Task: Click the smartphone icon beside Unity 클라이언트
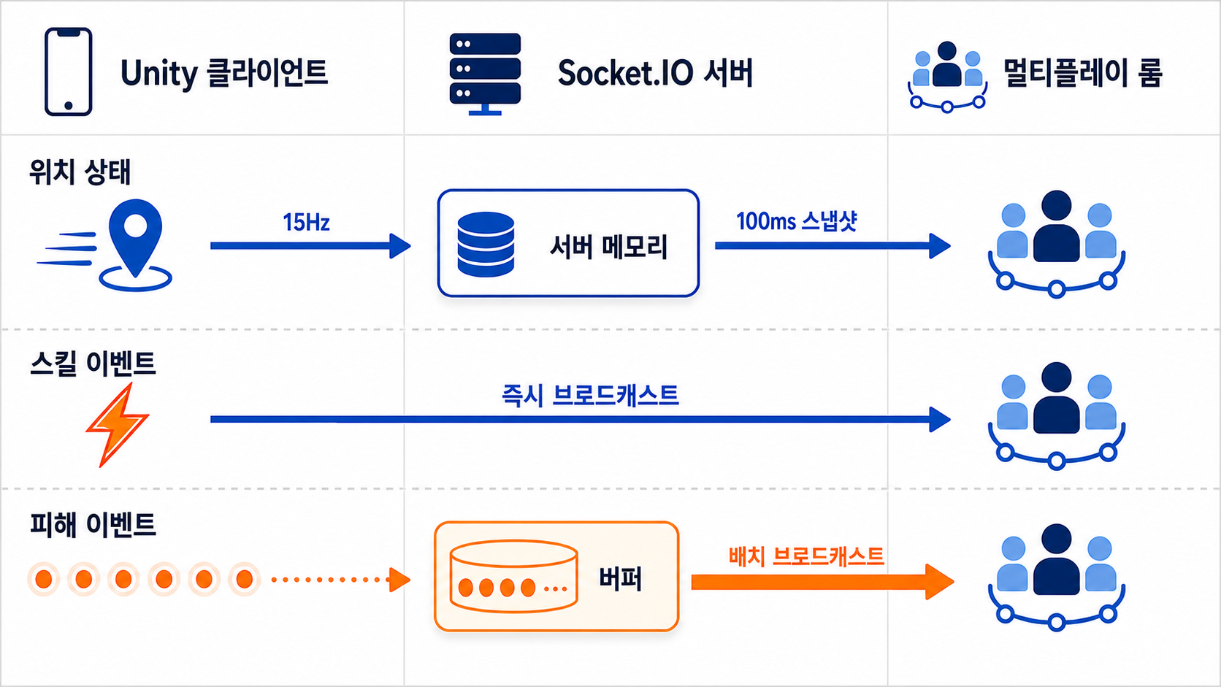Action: coord(68,72)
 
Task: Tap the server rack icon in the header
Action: coord(485,74)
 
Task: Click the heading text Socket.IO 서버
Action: coord(654,73)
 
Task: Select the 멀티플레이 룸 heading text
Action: coord(1083,72)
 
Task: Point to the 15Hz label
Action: coord(306,222)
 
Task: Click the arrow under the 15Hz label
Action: coord(310,246)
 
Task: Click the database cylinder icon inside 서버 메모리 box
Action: coord(485,244)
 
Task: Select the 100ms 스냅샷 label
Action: coord(797,221)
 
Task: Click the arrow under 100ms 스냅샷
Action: coord(833,246)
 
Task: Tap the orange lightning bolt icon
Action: coord(117,424)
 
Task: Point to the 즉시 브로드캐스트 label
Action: coord(590,395)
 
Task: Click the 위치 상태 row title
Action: coord(80,172)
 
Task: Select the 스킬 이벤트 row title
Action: coord(93,364)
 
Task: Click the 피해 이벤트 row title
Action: coord(93,525)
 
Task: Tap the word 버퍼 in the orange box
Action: coord(620,578)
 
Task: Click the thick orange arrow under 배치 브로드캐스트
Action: coord(822,582)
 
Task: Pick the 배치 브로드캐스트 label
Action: coord(806,556)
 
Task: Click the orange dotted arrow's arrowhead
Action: coord(399,580)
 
